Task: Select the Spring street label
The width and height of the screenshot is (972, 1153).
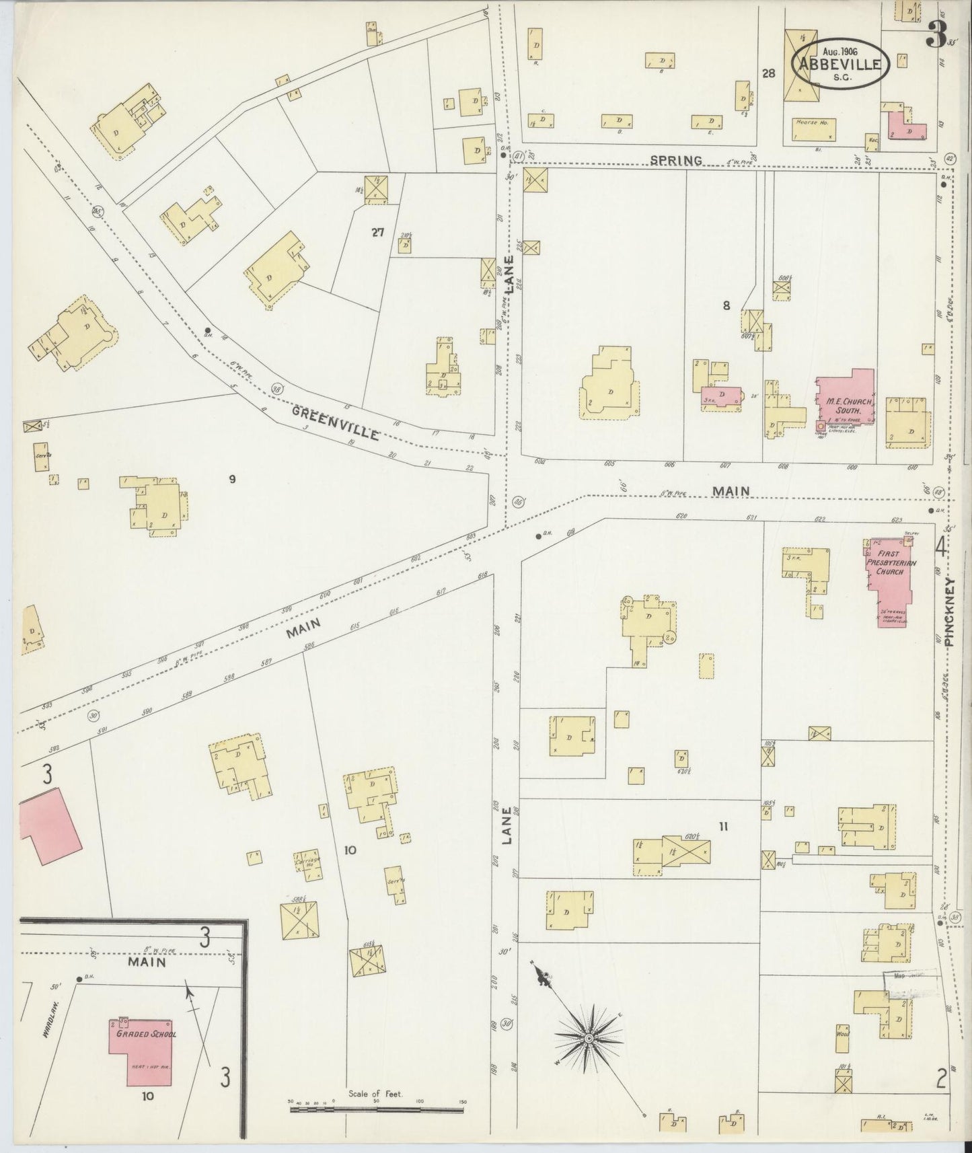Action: (x=676, y=160)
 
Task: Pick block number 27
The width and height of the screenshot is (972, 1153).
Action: (x=377, y=232)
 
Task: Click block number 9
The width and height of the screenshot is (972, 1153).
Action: (x=231, y=479)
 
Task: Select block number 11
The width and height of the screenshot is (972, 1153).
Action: (x=724, y=827)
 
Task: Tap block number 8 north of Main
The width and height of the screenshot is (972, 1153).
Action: (x=726, y=305)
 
